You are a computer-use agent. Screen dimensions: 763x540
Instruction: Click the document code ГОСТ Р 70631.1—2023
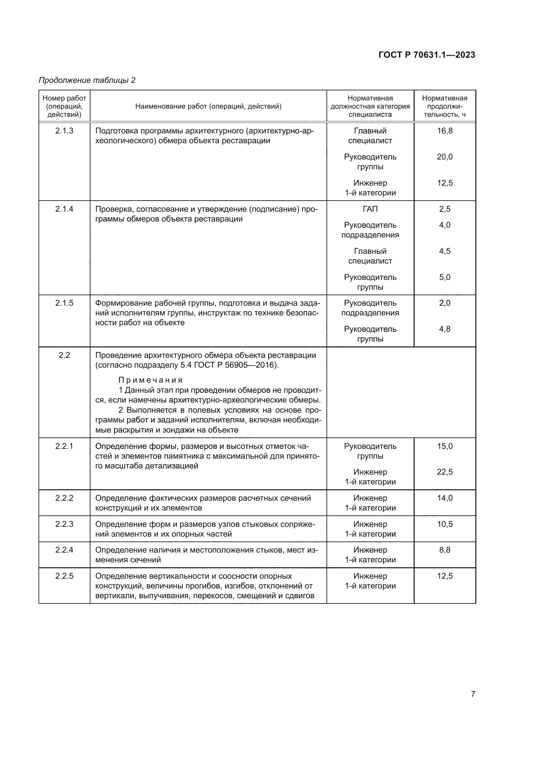point(427,55)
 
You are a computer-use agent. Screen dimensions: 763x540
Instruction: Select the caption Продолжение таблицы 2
point(87,80)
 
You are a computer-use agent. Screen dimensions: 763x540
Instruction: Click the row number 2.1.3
point(64,130)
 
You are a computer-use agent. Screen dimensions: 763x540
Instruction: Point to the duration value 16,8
point(445,130)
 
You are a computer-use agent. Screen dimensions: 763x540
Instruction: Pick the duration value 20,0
point(445,157)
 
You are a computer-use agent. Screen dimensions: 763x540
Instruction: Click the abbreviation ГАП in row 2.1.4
point(370,209)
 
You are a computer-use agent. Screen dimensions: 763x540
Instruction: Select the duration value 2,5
point(445,209)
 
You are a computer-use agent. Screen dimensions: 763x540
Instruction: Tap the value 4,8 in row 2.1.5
point(445,329)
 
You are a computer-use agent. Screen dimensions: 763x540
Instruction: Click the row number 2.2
point(64,355)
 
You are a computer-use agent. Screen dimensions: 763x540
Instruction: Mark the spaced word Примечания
point(150,380)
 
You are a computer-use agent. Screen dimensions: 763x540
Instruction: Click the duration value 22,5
point(445,472)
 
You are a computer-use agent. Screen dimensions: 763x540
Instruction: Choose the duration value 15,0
point(445,446)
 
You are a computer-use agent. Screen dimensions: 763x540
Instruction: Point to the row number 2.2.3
point(64,524)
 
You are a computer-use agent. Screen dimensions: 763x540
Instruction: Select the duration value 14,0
point(445,498)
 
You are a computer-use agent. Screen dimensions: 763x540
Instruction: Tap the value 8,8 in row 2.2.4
point(445,550)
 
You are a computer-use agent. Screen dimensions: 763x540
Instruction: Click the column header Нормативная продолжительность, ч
point(445,106)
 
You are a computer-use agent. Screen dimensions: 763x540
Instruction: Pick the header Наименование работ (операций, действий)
point(208,106)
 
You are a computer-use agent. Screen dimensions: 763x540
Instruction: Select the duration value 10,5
point(445,524)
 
